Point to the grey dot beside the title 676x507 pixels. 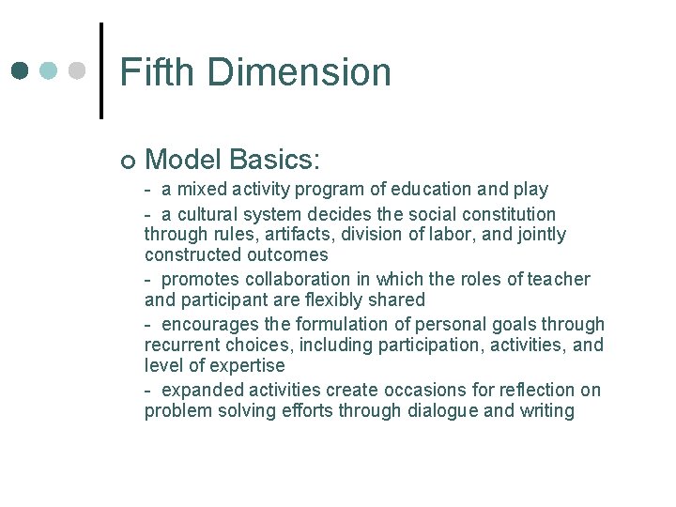[x=78, y=70]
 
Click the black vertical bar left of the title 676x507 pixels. [x=100, y=70]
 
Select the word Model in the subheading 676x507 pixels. [x=180, y=160]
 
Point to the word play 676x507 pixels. [x=530, y=190]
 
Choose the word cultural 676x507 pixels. [x=214, y=214]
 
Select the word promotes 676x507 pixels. [x=201, y=279]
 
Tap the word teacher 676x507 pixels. [x=560, y=279]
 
